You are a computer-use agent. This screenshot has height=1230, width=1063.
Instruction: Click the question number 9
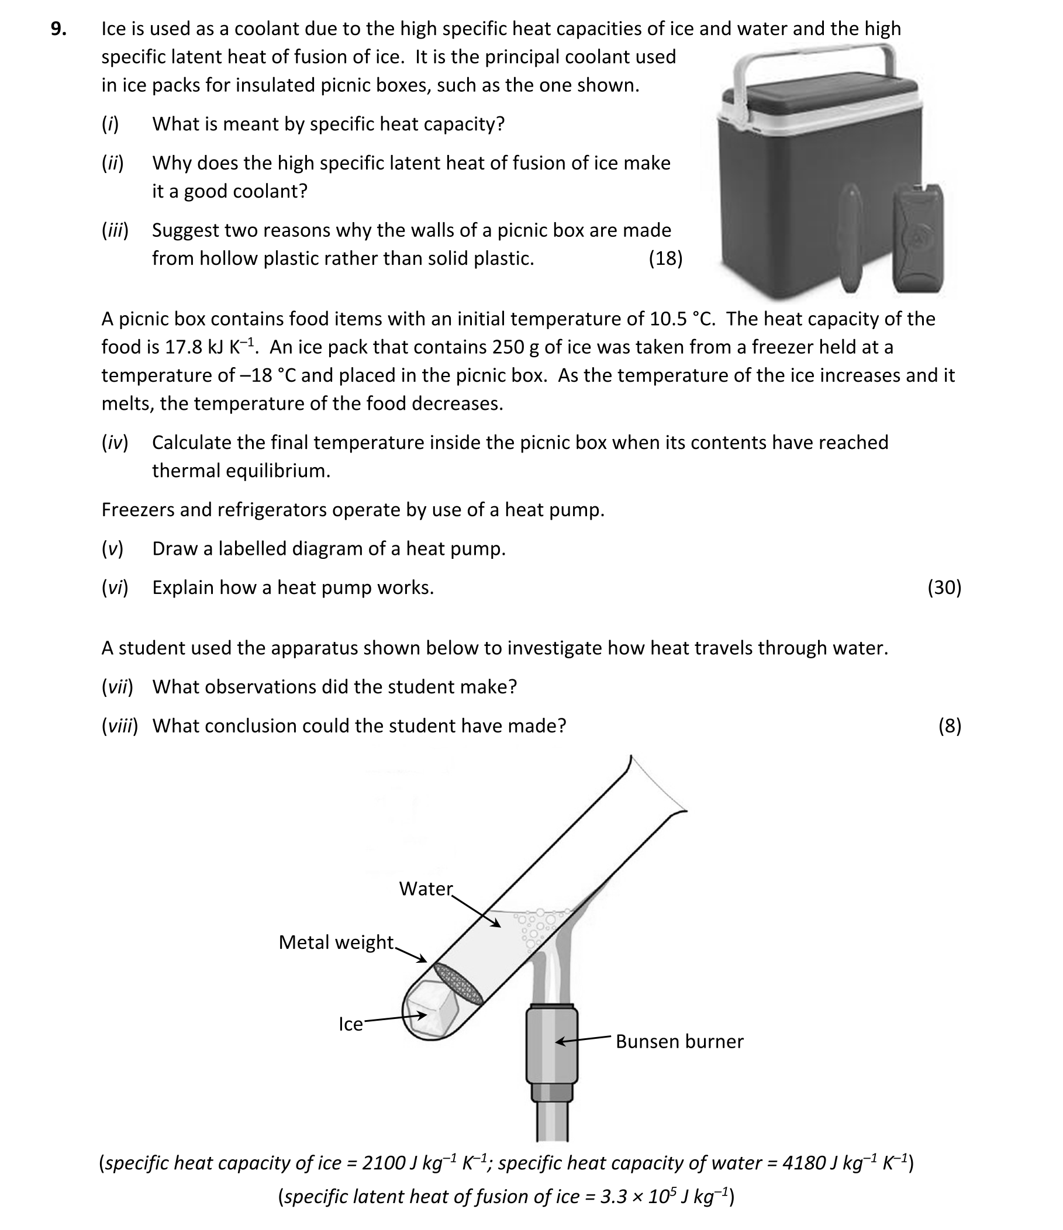pyautogui.click(x=58, y=29)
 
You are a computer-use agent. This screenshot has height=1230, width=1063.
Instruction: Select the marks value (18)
pyautogui.click(x=665, y=258)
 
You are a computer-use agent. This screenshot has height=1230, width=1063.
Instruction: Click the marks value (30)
pyautogui.click(x=944, y=587)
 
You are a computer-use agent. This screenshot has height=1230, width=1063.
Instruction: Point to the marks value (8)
pyautogui.click(x=949, y=725)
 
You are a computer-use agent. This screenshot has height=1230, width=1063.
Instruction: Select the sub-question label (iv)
pyautogui.click(x=115, y=443)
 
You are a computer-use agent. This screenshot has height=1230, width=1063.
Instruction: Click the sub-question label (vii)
pyautogui.click(x=117, y=686)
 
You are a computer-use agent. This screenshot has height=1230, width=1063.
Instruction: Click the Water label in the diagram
pyautogui.click(x=426, y=889)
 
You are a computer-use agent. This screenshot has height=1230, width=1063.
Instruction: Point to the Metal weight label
pyautogui.click(x=336, y=942)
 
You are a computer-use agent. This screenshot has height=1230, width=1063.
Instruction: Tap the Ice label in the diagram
pyautogui.click(x=350, y=1024)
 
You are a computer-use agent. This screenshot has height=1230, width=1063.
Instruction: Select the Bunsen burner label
pyautogui.click(x=679, y=1041)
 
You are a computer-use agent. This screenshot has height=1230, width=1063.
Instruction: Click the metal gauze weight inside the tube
pyautogui.click(x=458, y=984)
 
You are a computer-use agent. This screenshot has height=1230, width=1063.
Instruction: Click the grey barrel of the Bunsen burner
pyautogui.click(x=552, y=1046)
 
